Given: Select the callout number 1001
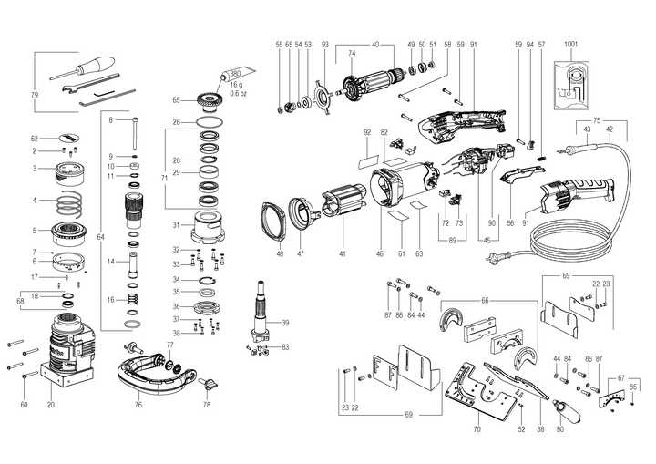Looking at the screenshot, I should pos(570,45).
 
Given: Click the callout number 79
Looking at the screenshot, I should pos(35,95).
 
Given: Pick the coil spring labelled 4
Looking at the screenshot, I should pos(70,200).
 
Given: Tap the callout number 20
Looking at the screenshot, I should pos(50,404).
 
